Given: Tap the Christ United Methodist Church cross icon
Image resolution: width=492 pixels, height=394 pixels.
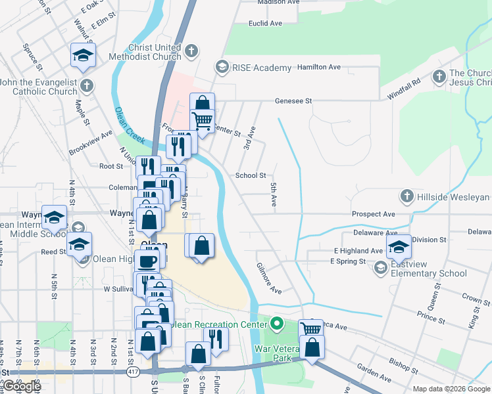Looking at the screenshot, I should (x=191, y=51).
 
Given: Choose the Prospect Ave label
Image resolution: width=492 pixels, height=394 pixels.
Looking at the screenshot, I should (x=373, y=214).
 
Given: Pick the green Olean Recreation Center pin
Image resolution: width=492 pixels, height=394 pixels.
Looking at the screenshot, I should (x=278, y=323).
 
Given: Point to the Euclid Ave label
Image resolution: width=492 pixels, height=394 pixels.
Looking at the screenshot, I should (x=265, y=23).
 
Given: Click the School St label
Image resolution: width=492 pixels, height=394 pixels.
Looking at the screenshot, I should (x=251, y=175).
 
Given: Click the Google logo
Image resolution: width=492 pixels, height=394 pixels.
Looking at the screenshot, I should (x=21, y=386).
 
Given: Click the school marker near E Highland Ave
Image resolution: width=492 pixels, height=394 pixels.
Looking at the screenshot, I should (x=398, y=246).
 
